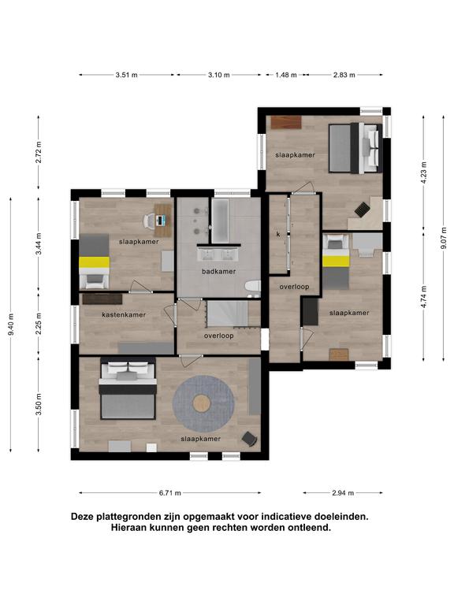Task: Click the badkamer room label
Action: pyautogui.click(x=218, y=271)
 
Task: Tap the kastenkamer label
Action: pyautogui.click(x=124, y=315)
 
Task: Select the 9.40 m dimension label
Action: pyautogui.click(x=12, y=325)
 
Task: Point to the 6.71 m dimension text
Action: pyautogui.click(x=170, y=492)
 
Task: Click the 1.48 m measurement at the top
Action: pyautogui.click(x=286, y=75)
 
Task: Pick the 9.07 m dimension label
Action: pyautogui.click(x=444, y=238)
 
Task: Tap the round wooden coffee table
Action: pyautogui.click(x=202, y=403)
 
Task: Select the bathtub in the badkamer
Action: pyautogui.click(x=220, y=221)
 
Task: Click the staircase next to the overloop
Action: pyautogui.click(x=227, y=314)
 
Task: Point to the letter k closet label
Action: pyautogui.click(x=278, y=234)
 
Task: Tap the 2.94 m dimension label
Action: pyautogui.click(x=343, y=492)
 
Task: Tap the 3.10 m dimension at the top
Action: pyautogui.click(x=219, y=75)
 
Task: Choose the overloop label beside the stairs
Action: pyautogui.click(x=219, y=336)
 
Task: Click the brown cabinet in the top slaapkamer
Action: pyautogui.click(x=286, y=122)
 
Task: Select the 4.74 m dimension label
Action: pyautogui.click(x=423, y=296)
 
